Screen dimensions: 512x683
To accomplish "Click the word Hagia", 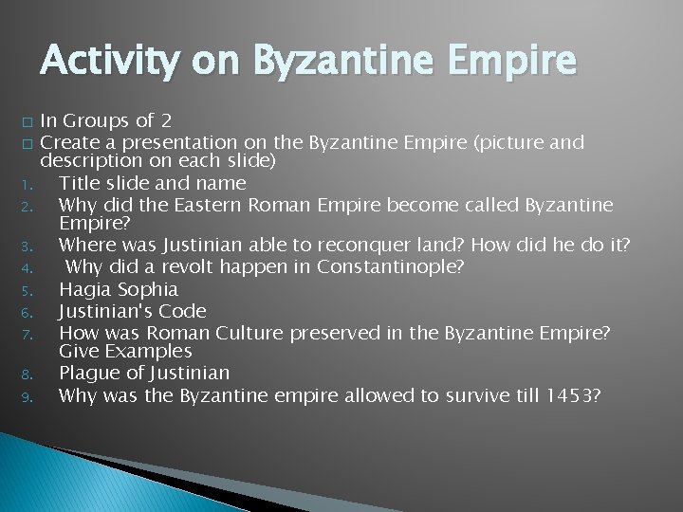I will (x=83, y=289).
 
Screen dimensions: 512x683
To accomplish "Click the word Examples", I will (x=149, y=351).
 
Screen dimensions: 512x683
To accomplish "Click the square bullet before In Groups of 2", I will (x=29, y=121).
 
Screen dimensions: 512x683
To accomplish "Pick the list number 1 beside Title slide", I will (x=29, y=184).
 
